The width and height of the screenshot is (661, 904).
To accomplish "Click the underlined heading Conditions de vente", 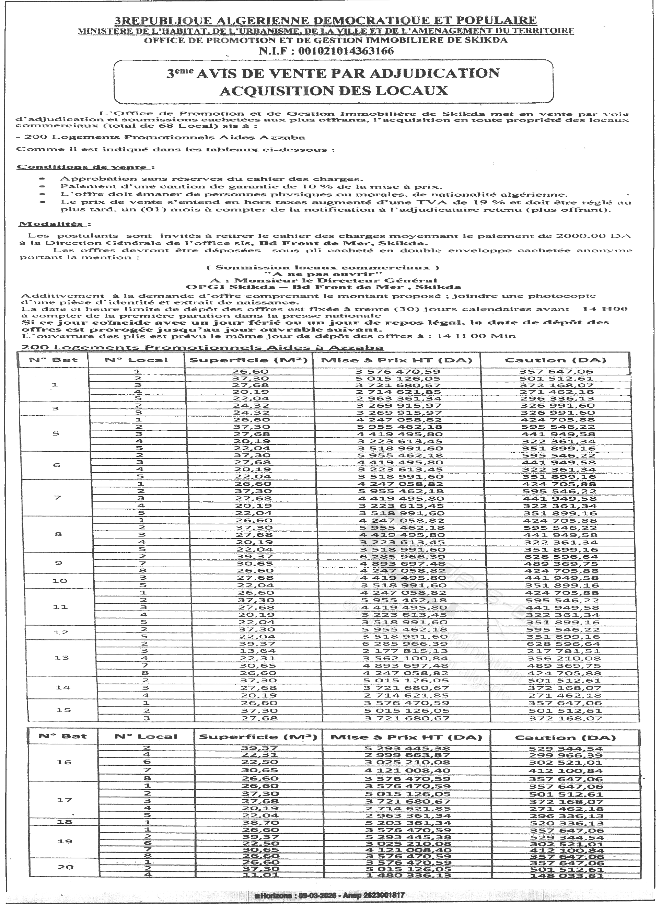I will [x=82, y=167].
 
